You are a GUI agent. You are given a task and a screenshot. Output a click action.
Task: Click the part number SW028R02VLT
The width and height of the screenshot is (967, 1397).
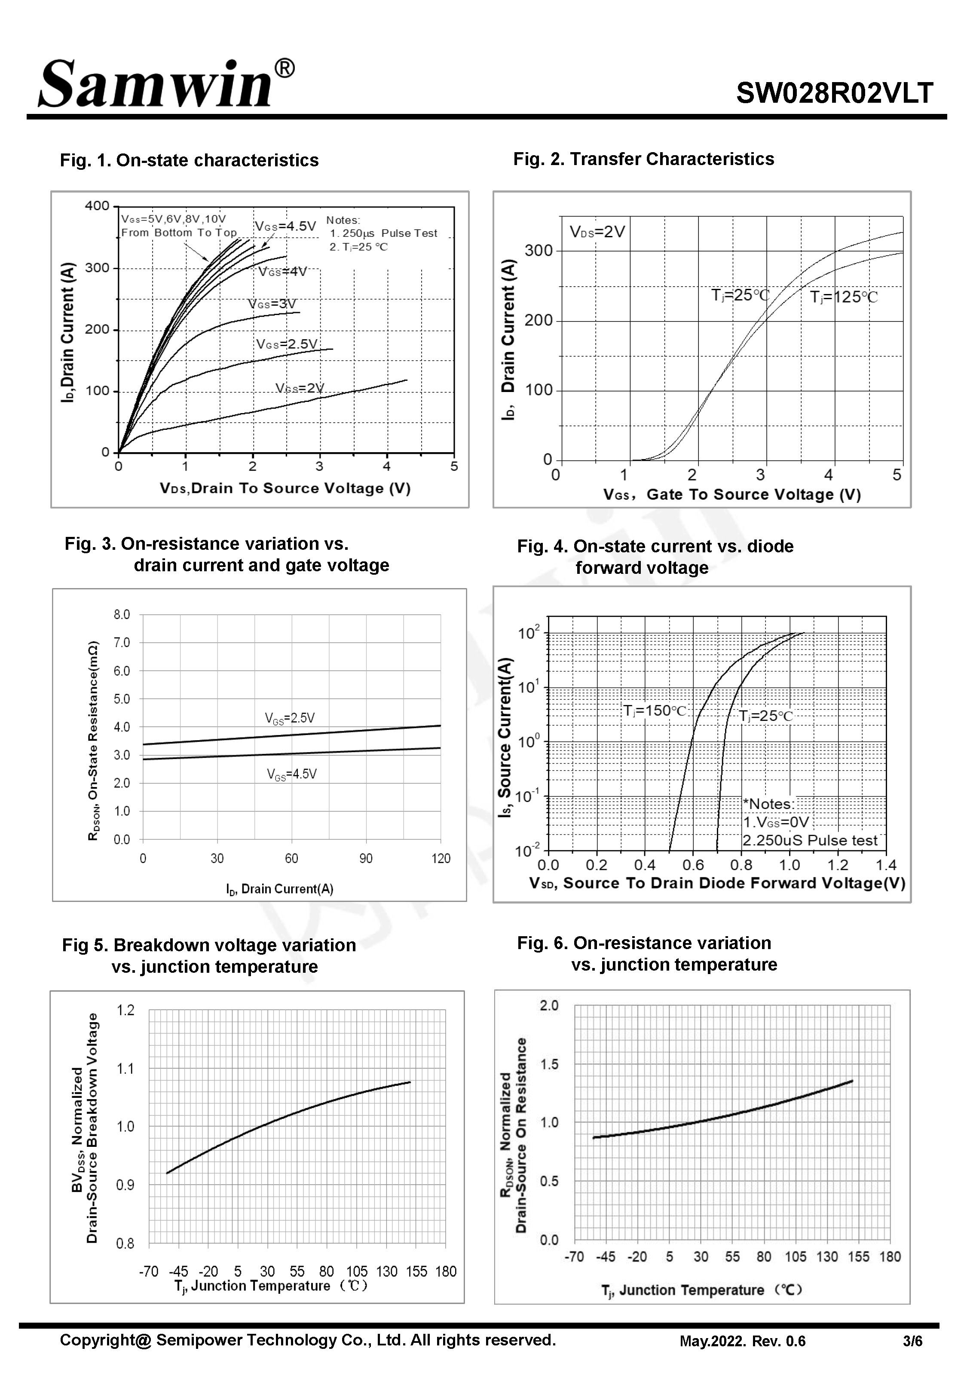pos(834,93)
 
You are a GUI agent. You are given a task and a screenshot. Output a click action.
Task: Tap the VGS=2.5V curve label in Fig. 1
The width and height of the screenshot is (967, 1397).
pos(287,344)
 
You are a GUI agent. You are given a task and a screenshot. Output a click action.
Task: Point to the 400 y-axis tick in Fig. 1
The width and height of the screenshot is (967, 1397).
pos(97,206)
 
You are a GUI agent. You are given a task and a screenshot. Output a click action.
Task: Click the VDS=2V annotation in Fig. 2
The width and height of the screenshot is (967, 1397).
pos(597,232)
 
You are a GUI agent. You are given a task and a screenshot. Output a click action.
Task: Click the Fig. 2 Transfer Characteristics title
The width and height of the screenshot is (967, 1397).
pos(643,159)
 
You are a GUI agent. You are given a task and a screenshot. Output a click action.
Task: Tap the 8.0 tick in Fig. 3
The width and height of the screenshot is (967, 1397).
pos(122,615)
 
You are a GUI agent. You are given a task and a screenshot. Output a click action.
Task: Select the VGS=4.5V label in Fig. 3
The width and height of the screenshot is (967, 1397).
pos(291,774)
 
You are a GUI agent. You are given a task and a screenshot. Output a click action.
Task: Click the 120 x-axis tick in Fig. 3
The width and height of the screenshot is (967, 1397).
pos(441,858)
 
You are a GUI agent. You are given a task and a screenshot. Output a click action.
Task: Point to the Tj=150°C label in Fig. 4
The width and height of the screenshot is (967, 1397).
pos(655,711)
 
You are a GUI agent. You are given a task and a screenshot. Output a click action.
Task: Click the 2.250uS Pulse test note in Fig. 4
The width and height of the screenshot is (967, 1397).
pos(809,840)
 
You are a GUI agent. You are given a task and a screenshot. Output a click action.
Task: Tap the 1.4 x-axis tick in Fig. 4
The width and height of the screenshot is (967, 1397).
pos(886,865)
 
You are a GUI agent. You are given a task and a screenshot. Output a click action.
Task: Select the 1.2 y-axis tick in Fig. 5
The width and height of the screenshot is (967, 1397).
pos(125,1010)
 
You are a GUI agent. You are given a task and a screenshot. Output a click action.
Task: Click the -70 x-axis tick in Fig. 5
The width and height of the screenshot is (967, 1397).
pos(148,1271)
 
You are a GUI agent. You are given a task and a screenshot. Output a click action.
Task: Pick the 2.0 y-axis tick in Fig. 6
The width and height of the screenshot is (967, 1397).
pos(549,1006)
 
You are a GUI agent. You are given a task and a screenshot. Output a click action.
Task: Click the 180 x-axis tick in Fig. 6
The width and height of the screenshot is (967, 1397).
pos(890,1257)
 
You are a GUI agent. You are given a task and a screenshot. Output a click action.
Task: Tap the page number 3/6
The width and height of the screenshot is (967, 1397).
pos(912,1341)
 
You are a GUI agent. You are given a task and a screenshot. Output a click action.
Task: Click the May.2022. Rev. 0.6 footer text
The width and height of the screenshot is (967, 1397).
pos(742,1341)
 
